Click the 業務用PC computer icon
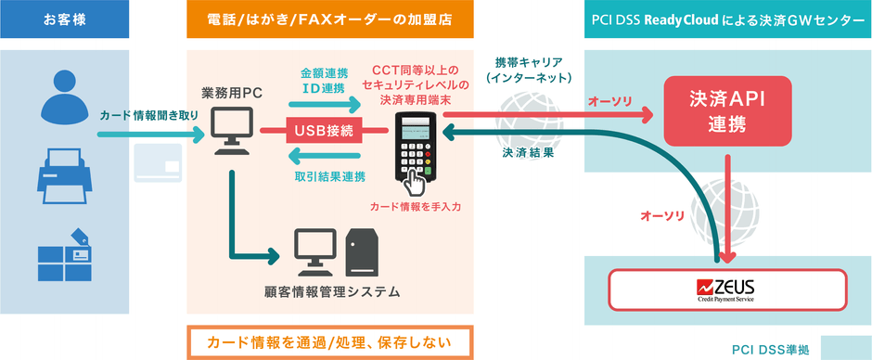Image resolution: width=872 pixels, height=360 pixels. [x=227, y=131]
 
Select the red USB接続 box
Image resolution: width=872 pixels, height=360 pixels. [x=323, y=131]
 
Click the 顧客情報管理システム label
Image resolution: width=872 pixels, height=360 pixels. [x=331, y=292]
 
